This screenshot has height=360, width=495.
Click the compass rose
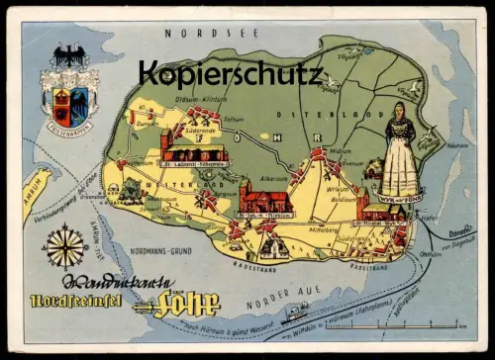point(71,246)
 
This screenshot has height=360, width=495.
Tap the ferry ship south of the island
point(295,315)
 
